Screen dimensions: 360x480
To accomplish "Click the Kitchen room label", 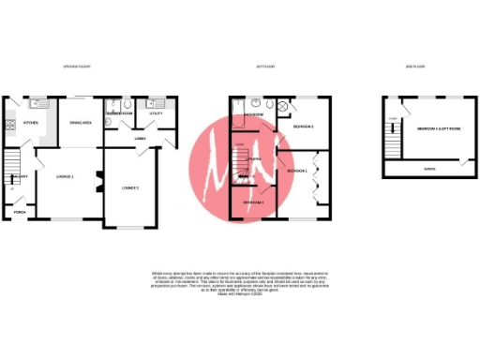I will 30,123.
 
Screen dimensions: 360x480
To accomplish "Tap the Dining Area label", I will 80,123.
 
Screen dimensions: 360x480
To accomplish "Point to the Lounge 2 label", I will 131,188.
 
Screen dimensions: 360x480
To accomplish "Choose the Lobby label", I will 140,140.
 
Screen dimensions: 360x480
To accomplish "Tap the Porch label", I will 20,212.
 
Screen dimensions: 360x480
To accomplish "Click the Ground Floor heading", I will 76,67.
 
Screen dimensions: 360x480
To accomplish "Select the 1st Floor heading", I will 265,67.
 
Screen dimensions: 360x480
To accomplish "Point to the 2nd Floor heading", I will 412,67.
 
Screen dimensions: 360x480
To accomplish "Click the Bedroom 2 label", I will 303,127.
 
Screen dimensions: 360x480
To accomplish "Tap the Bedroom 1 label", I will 298,172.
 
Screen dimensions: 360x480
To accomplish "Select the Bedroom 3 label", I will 252,202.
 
